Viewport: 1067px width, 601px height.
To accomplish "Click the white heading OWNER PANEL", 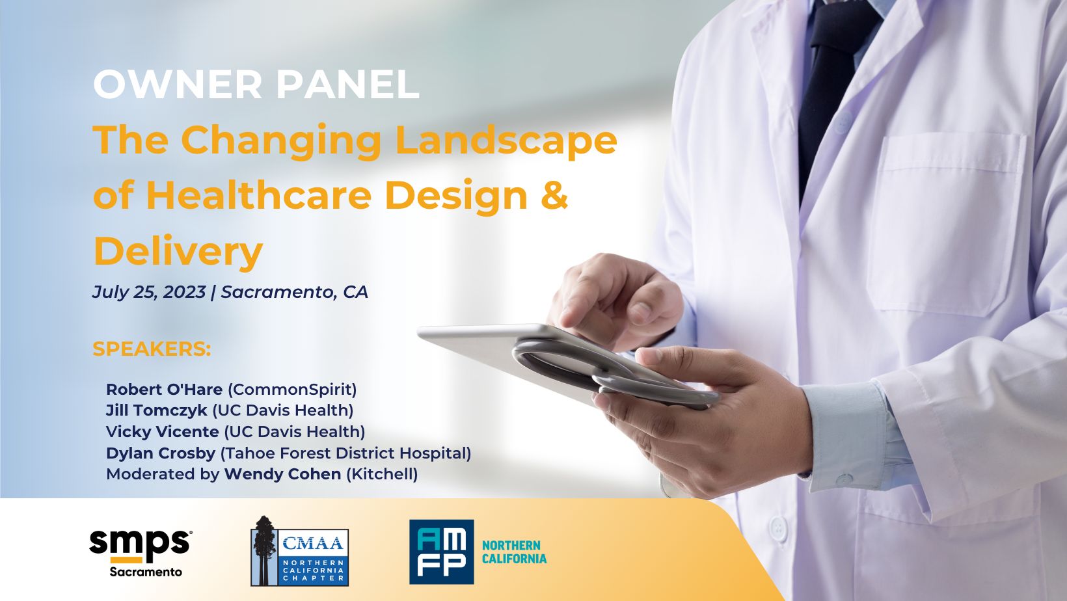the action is (x=256, y=85).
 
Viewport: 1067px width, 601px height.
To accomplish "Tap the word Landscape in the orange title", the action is (x=506, y=141).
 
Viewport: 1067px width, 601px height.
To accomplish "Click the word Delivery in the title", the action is (x=178, y=251).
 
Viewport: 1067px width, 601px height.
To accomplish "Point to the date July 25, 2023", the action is (x=148, y=292).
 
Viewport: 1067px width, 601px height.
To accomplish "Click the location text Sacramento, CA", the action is (x=294, y=292).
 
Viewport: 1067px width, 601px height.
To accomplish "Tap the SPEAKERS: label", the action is (x=152, y=349).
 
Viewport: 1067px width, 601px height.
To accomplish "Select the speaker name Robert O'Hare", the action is (x=165, y=390).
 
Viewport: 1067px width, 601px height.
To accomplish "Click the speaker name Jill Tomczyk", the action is (x=157, y=410).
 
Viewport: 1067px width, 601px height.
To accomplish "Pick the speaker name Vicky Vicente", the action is (x=163, y=431).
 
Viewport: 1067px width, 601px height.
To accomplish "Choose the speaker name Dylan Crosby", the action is (x=161, y=453).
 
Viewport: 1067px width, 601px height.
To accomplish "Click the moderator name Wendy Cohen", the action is (x=283, y=474).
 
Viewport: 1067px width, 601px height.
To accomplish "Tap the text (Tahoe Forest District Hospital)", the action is (x=346, y=453).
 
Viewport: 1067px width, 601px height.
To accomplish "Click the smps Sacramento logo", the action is (x=141, y=553).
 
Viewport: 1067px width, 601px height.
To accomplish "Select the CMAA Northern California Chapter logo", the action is (x=300, y=551).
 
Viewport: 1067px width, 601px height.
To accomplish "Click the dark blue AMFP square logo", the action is (x=442, y=552).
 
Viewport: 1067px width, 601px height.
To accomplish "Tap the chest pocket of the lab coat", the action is (x=945, y=224).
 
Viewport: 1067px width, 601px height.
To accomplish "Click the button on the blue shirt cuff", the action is (x=844, y=479).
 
